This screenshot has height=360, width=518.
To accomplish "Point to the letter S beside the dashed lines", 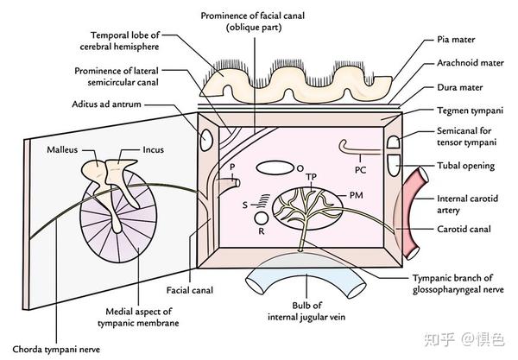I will (x=245, y=204).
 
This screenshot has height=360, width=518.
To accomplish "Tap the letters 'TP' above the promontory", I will (x=311, y=178).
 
